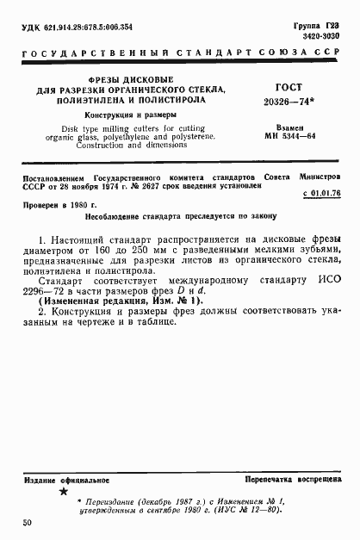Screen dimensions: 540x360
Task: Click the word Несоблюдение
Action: pos(106,220)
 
